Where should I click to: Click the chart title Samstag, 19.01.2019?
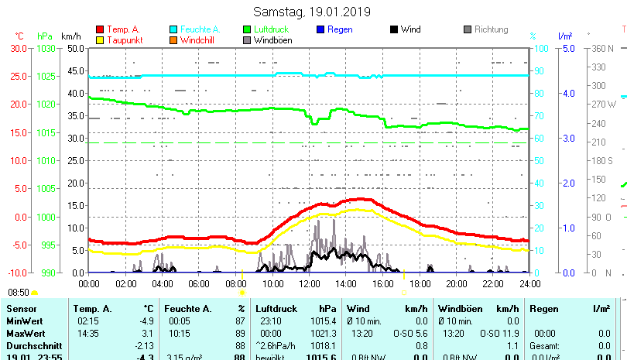[312, 12]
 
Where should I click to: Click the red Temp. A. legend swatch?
[100, 29]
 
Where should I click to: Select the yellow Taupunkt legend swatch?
[100, 39]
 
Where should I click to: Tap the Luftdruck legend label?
[204, 29]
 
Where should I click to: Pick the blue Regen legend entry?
[340, 29]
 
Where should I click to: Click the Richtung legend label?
[491, 29]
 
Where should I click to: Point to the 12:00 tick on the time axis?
[309, 284]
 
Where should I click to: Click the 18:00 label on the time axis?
[420, 284]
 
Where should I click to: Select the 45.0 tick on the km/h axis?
[74, 70]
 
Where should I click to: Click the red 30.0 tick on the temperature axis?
[18, 48]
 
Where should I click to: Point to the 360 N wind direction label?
[603, 48]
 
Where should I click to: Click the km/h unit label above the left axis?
[70, 36]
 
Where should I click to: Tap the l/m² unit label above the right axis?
[564, 36]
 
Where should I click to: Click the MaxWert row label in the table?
[25, 333]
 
